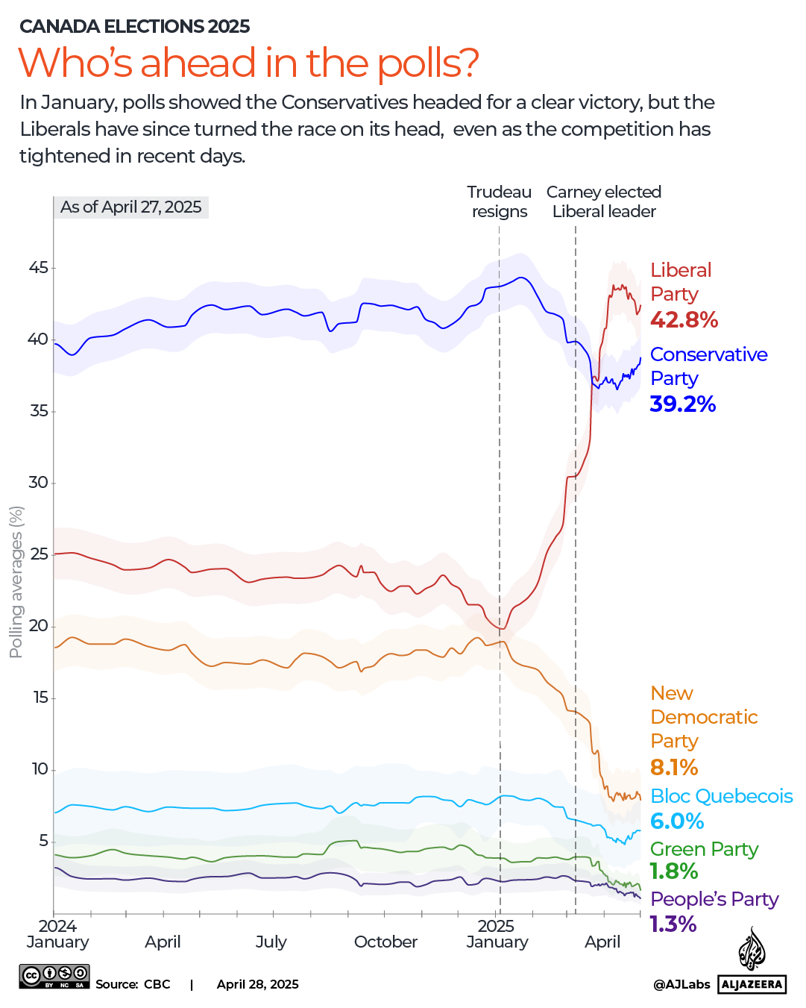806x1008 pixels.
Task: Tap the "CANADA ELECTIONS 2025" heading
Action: (x=134, y=26)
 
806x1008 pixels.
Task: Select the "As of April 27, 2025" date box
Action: (x=131, y=207)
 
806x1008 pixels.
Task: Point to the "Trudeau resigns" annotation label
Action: (x=499, y=201)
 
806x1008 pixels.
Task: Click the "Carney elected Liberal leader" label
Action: (x=604, y=201)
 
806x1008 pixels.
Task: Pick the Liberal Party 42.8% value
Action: (x=684, y=320)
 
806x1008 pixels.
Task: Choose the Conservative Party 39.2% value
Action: (x=682, y=404)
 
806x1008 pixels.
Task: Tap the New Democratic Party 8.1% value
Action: (x=674, y=767)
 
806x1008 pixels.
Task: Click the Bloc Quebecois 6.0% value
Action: (x=676, y=821)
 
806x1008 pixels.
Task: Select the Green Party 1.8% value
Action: (x=674, y=871)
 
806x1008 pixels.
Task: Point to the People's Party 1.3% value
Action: (x=673, y=924)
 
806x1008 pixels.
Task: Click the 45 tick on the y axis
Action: (x=38, y=268)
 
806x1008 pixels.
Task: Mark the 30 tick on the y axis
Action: (x=38, y=483)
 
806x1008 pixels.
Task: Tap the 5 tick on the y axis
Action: (x=43, y=841)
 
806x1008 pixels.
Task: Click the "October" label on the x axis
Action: (x=385, y=942)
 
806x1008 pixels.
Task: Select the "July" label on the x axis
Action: (x=271, y=942)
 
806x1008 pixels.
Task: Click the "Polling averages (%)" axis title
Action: (x=16, y=582)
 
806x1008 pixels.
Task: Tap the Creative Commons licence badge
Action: (x=54, y=976)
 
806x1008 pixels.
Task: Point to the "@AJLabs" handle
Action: (x=681, y=984)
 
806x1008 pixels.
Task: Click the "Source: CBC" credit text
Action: (x=133, y=984)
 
